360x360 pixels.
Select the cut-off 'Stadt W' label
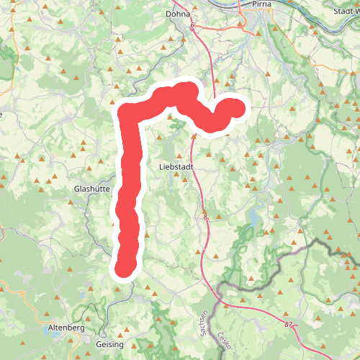[x=343, y=11]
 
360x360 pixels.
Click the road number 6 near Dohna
[x=194, y=26]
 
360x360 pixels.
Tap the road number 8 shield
[x=205, y=216]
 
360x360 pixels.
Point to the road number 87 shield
[x=289, y=325]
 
